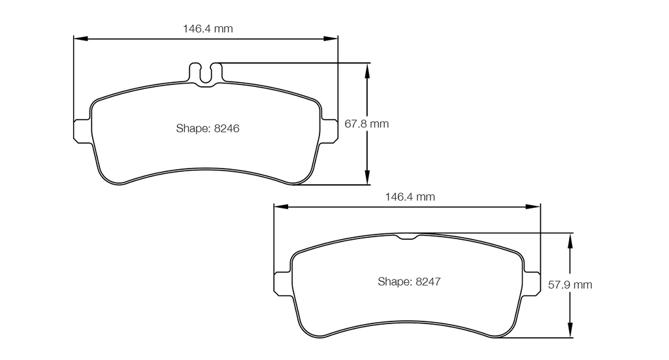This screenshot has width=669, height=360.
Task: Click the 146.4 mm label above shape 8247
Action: tap(410, 196)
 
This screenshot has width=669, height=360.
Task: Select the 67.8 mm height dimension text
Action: tap(366, 123)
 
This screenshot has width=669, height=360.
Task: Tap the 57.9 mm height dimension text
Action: tap(570, 285)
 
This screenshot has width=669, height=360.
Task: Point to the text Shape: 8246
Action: tap(208, 128)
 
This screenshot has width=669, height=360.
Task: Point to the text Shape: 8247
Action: tap(410, 282)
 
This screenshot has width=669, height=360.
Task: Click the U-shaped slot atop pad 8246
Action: tap(206, 73)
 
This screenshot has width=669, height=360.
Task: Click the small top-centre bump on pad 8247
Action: tap(408, 237)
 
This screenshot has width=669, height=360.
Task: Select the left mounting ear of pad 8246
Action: tap(82, 129)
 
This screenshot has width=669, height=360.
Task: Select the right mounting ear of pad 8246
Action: tap(330, 129)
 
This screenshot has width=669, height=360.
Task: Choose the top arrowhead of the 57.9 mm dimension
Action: tap(571, 238)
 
